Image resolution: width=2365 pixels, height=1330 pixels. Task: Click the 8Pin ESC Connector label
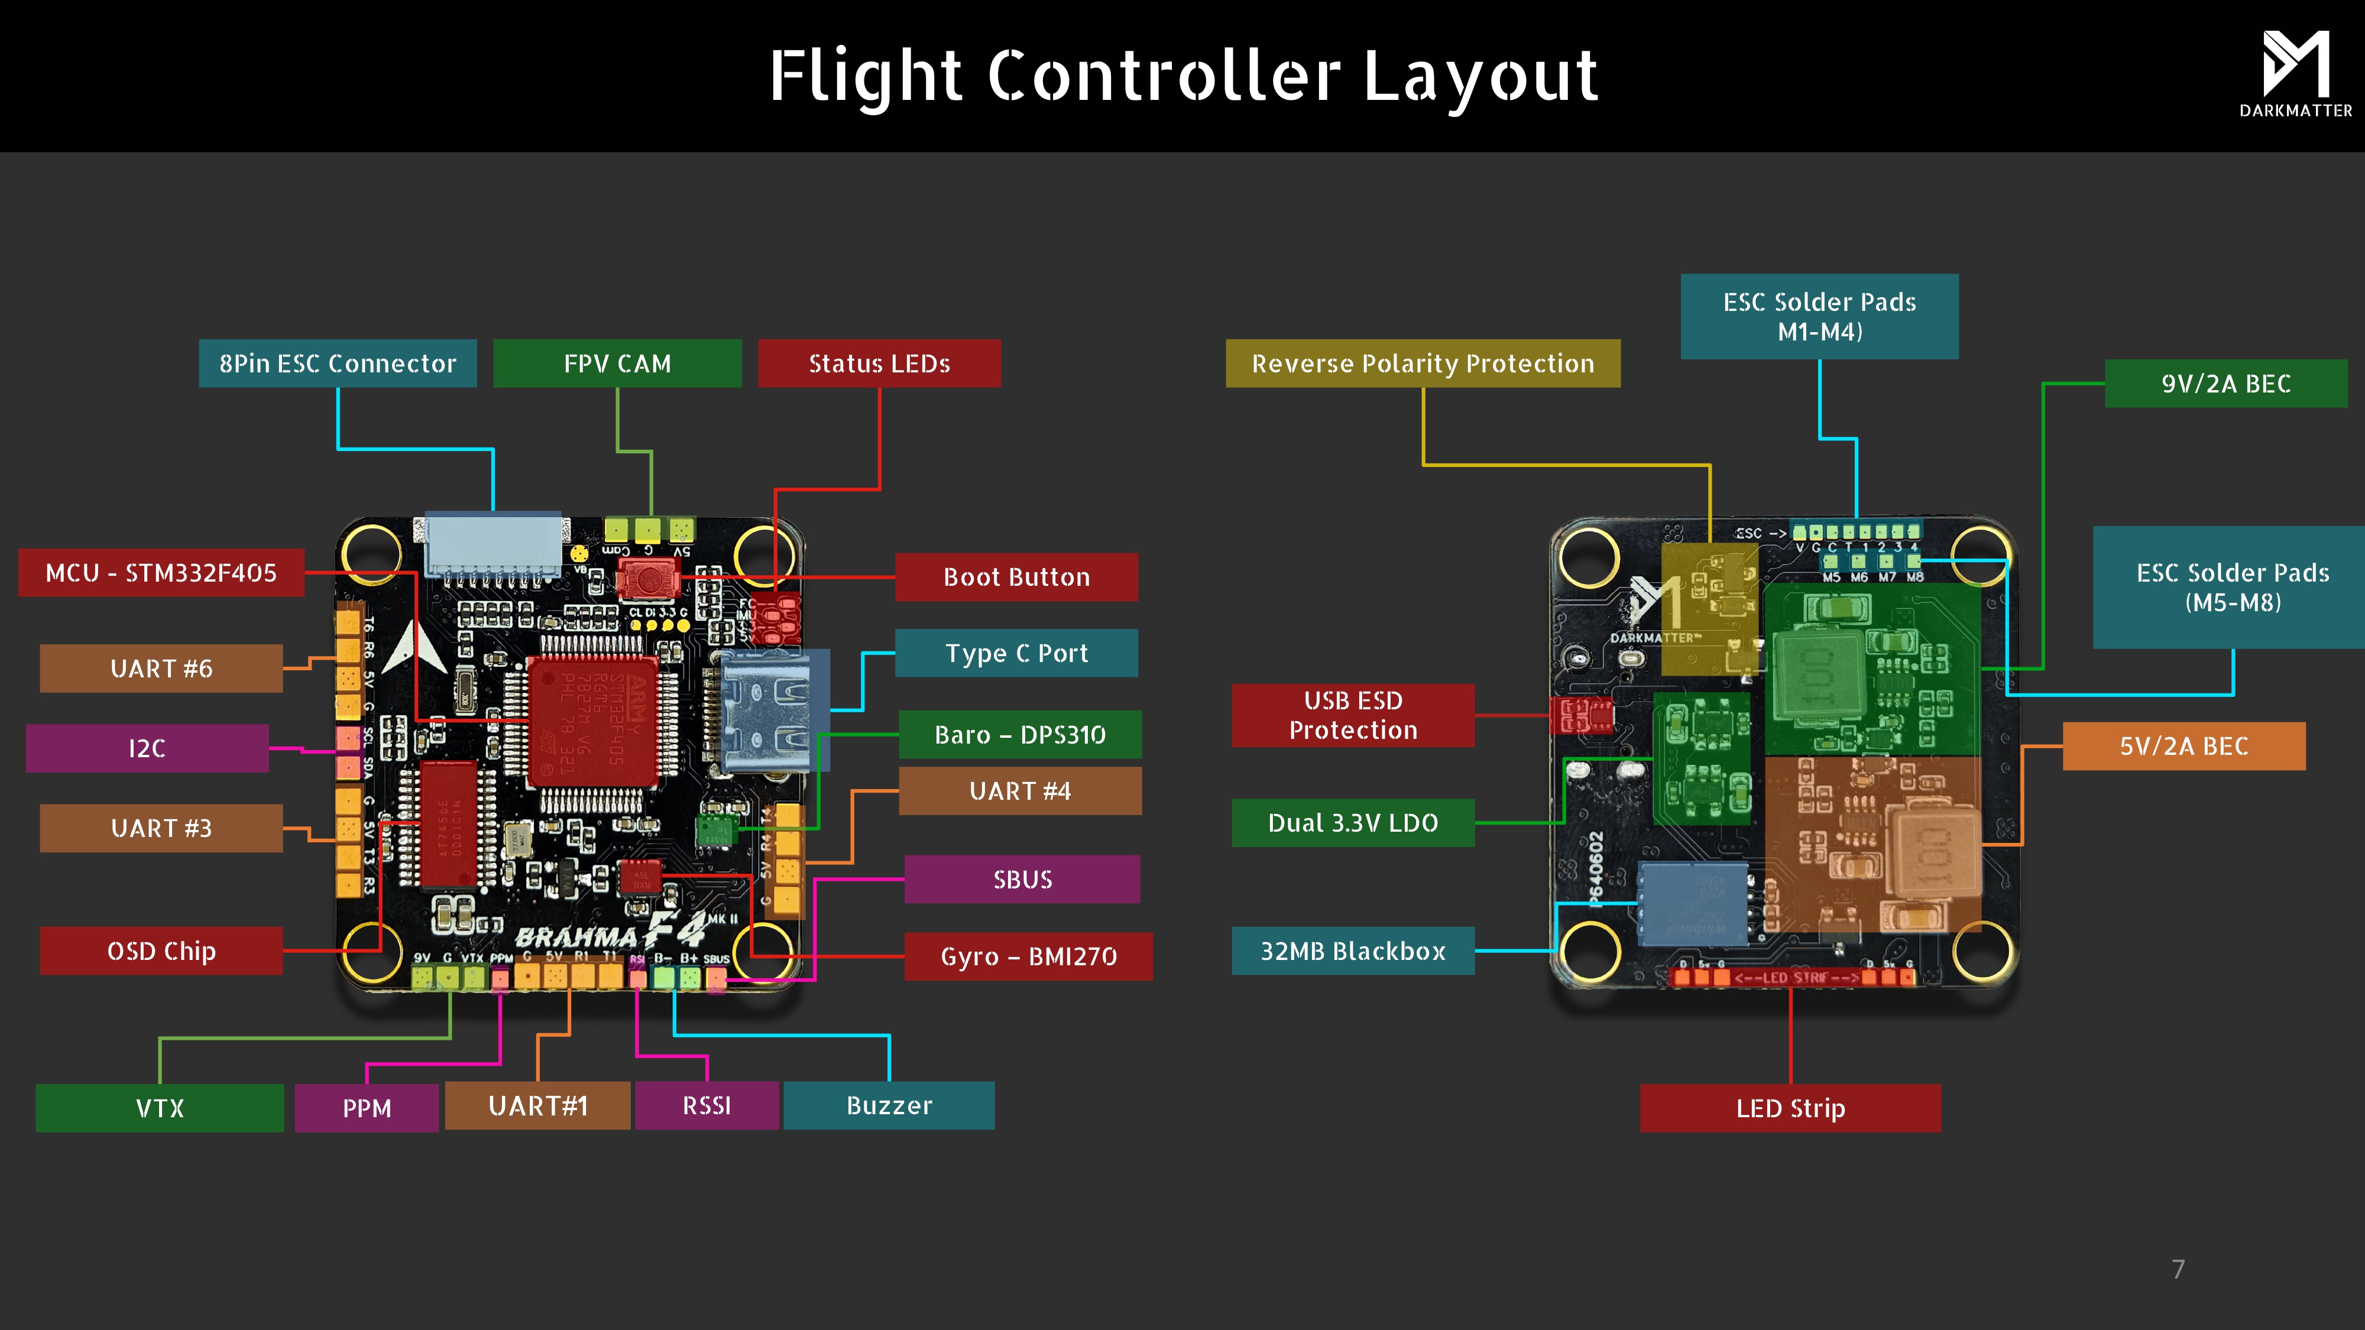point(337,364)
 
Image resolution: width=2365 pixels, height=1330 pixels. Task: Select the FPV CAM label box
point(617,364)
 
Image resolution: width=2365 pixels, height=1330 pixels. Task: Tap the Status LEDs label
point(879,364)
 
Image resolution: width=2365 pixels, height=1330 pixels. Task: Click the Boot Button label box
point(1016,578)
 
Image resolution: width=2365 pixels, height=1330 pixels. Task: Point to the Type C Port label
point(1016,654)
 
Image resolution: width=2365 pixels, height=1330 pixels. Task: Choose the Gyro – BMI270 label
point(1028,956)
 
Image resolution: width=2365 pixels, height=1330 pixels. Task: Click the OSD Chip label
point(161,951)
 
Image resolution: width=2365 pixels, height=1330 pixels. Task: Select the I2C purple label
point(147,748)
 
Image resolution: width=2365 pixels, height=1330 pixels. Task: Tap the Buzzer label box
point(889,1105)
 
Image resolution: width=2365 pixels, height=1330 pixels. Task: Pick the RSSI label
point(706,1105)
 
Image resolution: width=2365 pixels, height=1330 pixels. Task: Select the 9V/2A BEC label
point(2225,384)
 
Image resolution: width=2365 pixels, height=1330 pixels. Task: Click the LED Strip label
point(1790,1108)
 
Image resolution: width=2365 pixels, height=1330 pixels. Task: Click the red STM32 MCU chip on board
point(592,721)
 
